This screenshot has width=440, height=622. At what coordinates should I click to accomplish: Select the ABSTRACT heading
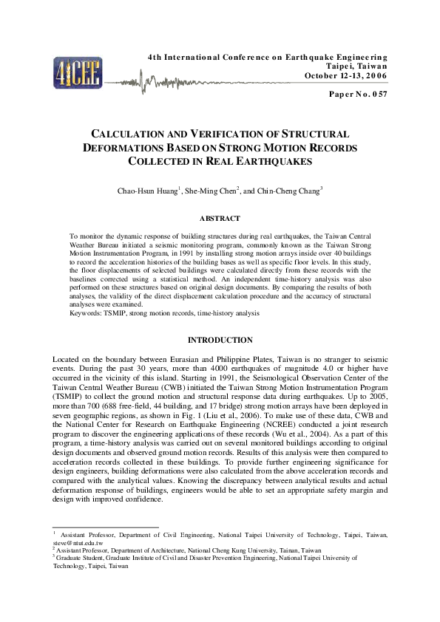point(220,219)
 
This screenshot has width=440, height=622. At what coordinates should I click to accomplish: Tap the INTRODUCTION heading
point(220,341)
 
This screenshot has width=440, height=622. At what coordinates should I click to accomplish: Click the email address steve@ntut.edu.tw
point(77,543)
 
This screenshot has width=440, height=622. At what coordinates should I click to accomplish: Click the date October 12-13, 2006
point(345,75)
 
